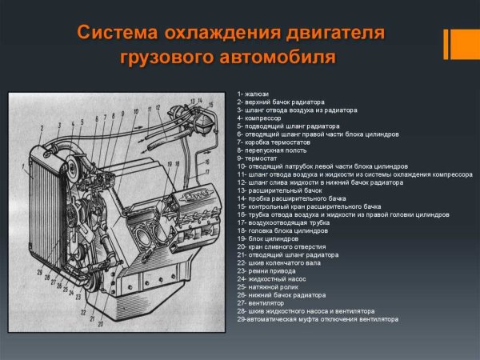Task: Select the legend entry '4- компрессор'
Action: (x=259, y=118)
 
